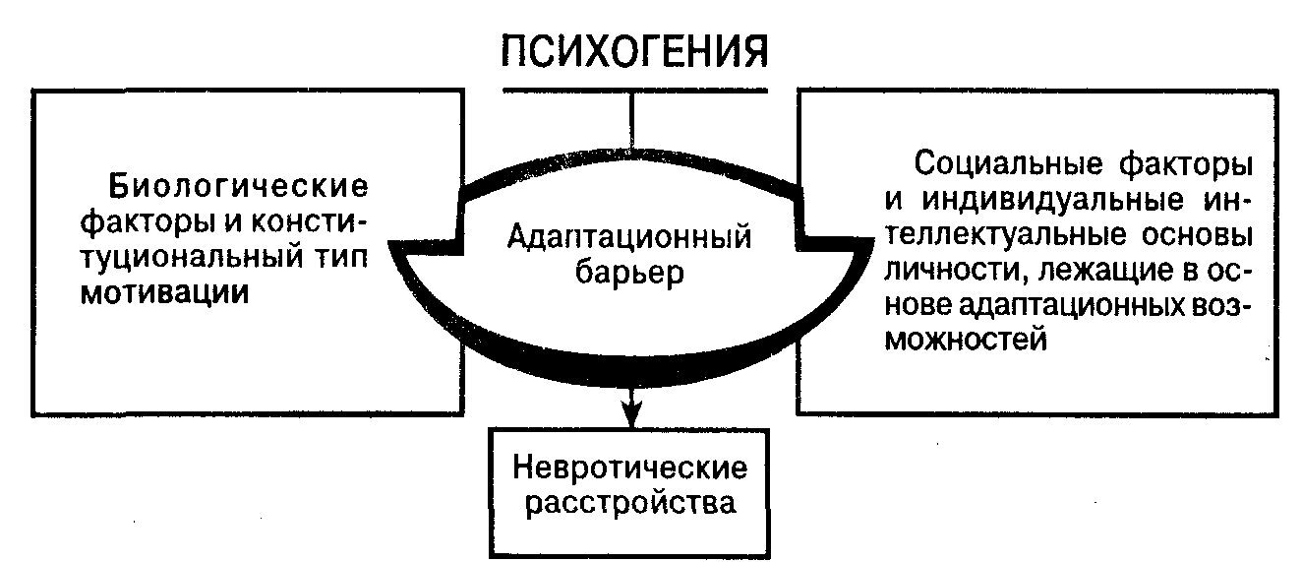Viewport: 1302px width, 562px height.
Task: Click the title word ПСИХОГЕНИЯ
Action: [633, 50]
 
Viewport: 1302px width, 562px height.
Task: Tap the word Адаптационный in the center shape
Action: [630, 236]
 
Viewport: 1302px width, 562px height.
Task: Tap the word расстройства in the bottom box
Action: [630, 504]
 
